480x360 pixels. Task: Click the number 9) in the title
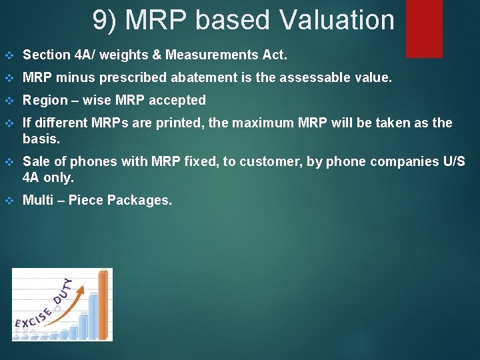click(105, 20)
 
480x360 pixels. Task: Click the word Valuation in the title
click(337, 20)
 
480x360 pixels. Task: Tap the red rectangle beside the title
click(424, 28)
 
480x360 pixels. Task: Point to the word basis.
click(41, 139)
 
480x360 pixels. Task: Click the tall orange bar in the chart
click(103, 303)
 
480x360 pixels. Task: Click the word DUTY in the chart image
click(65, 292)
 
